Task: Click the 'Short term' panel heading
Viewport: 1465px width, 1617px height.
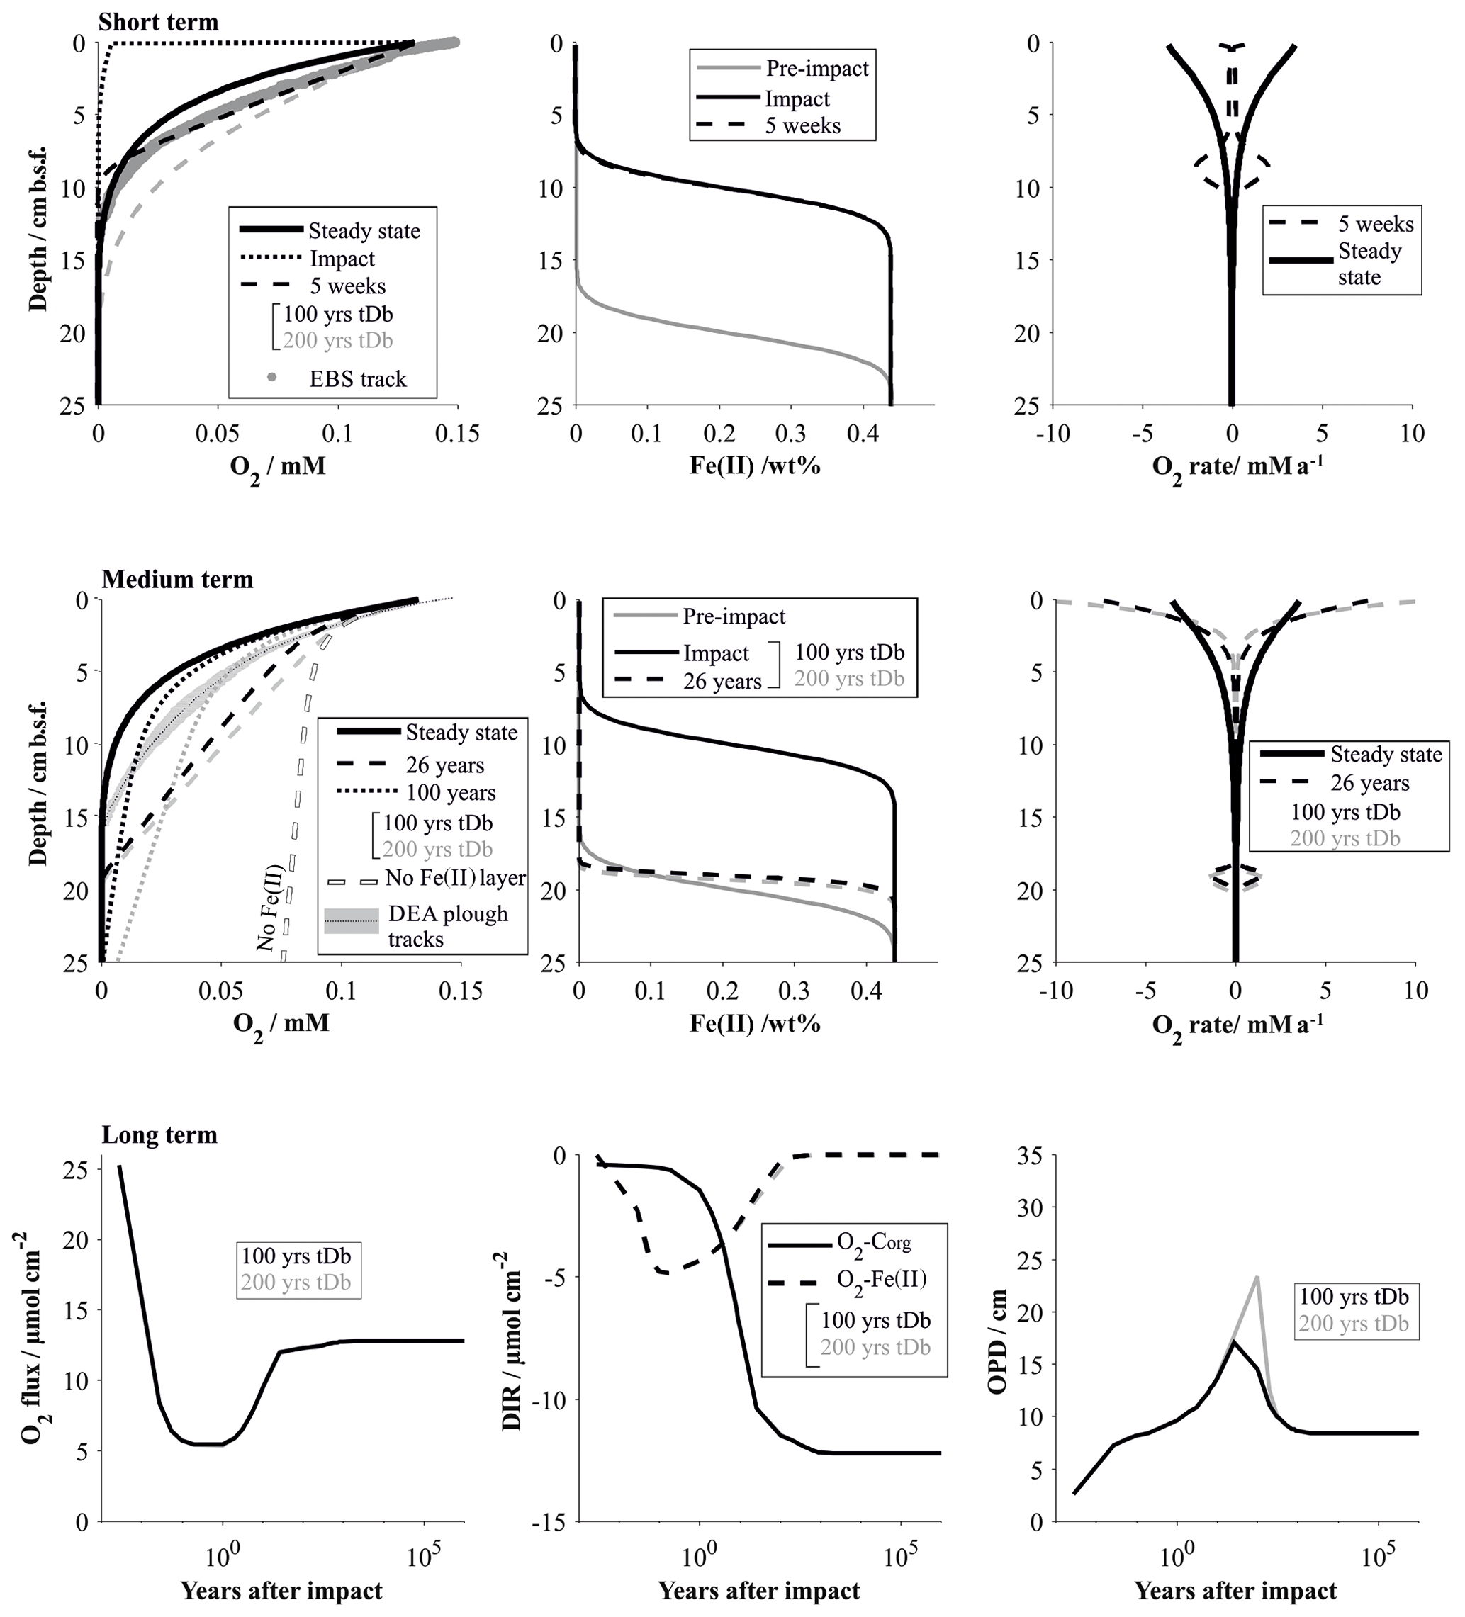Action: (158, 22)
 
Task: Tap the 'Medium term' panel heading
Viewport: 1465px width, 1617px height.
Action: (177, 579)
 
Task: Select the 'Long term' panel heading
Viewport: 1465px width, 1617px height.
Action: (159, 1135)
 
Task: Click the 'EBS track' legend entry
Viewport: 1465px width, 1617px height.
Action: (357, 378)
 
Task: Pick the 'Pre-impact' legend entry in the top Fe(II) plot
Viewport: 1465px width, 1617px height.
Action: (816, 69)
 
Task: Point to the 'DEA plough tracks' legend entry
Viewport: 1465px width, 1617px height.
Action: (447, 925)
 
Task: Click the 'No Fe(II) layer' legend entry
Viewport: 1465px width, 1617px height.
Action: (455, 877)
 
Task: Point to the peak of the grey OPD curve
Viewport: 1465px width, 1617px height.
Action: (1257, 1277)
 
